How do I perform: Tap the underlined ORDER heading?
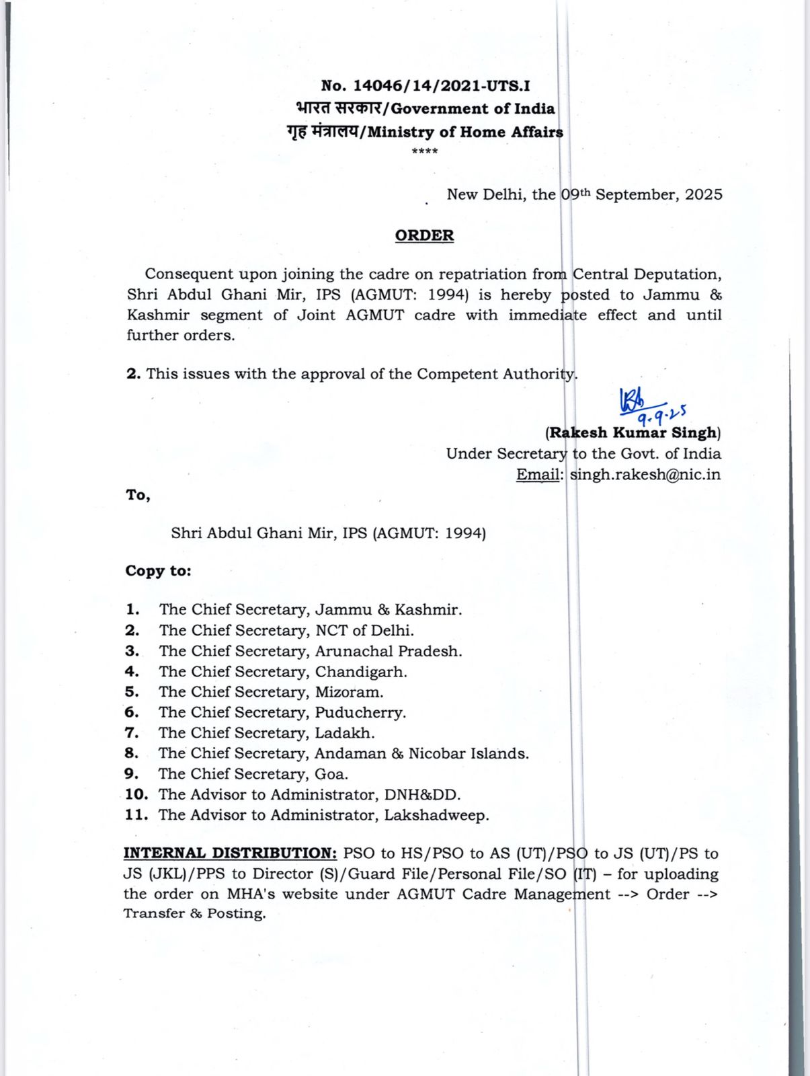(x=424, y=235)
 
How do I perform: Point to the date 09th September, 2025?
(x=642, y=194)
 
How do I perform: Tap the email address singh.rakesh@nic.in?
(x=645, y=474)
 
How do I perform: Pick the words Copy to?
(x=158, y=571)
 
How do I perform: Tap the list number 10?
(x=136, y=794)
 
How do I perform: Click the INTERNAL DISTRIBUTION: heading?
(x=230, y=853)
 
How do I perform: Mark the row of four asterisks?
(x=424, y=152)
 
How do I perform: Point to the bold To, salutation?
(x=138, y=496)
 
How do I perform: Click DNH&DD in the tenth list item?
(x=422, y=795)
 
